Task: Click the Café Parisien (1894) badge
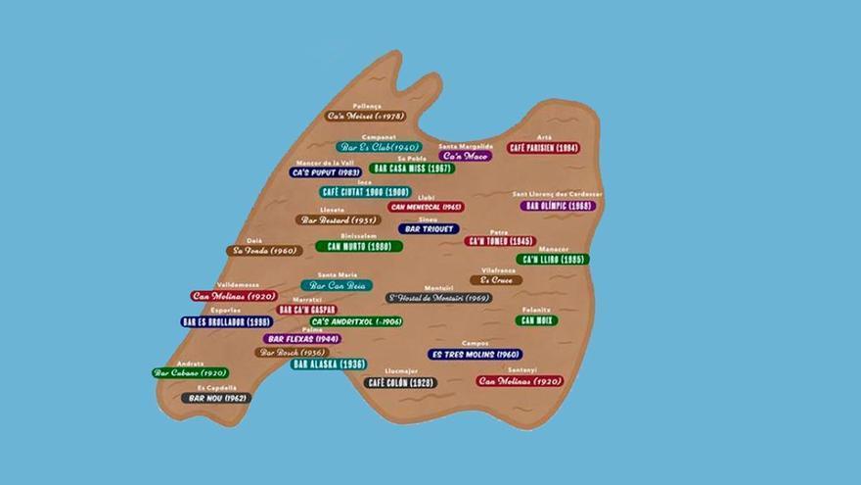point(543,148)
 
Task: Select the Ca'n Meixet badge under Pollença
point(366,116)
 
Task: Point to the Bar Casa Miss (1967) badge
point(412,168)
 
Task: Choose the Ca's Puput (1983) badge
point(327,172)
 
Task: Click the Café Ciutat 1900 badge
point(365,192)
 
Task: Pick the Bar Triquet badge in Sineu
point(429,229)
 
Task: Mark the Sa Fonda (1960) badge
point(264,251)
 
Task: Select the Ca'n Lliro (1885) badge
point(552,260)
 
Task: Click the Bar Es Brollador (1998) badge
point(226,321)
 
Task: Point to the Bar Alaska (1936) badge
point(329,364)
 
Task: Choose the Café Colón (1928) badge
point(400,382)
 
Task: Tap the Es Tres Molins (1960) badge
point(476,354)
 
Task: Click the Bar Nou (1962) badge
point(215,398)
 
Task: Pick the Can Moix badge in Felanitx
point(537,320)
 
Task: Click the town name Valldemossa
point(238,285)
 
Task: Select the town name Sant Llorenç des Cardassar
point(558,194)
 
